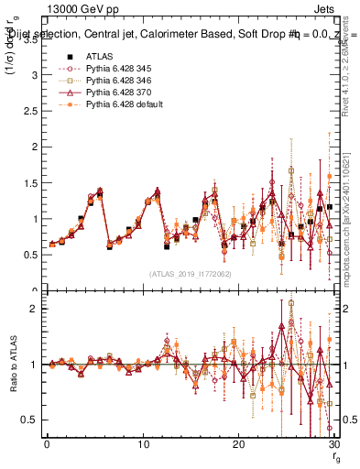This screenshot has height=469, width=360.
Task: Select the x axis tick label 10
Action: point(143,443)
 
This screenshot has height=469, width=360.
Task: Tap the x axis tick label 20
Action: point(239,443)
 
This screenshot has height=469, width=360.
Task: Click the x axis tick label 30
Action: point(334,443)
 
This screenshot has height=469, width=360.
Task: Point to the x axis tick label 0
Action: point(47,443)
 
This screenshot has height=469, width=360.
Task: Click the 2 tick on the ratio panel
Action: point(35,309)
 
